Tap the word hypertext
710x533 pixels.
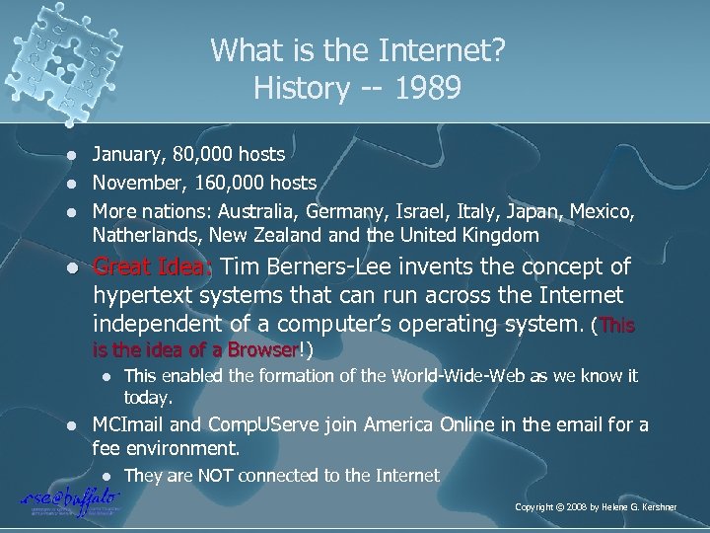coord(143,297)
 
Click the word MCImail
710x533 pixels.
coord(127,424)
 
